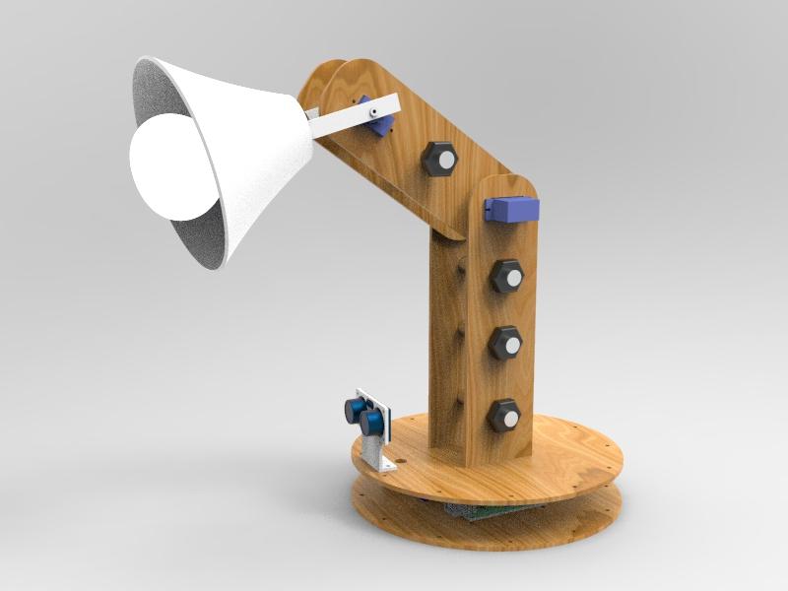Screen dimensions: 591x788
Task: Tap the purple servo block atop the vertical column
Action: coord(512,209)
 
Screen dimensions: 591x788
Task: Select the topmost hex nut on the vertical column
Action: coord(506,277)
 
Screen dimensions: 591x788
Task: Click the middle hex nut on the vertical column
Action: coord(505,345)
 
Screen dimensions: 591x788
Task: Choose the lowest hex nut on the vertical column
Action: coord(504,415)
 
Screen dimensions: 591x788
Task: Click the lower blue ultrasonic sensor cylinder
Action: coord(370,424)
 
